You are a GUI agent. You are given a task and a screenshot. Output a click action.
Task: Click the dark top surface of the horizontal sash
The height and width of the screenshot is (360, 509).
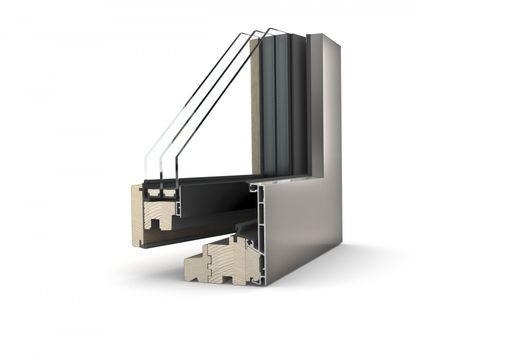[215, 184]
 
